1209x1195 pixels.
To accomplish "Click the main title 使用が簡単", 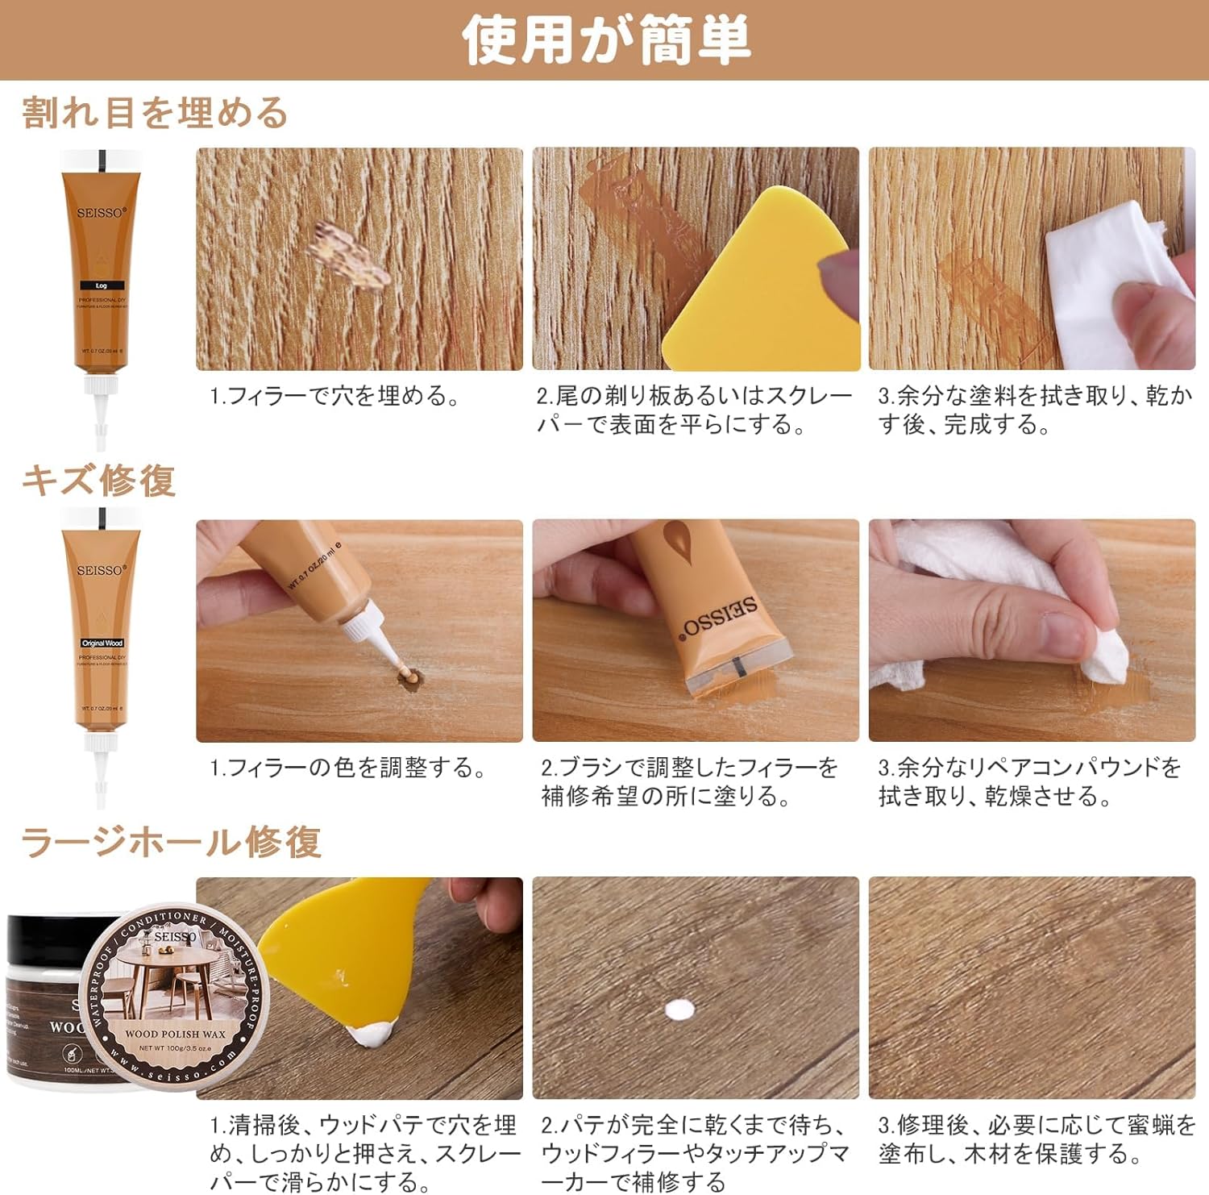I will tap(605, 40).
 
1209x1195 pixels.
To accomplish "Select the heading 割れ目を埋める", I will tap(155, 113).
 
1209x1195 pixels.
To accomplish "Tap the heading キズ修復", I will tap(98, 481).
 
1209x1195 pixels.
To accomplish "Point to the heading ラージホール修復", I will tap(171, 843).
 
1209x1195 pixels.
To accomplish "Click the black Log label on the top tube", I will tap(101, 285).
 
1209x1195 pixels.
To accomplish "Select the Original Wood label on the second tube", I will tap(102, 643).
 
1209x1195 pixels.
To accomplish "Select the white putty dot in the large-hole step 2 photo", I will tap(679, 1010).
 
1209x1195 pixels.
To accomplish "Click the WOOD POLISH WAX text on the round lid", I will tap(175, 1034).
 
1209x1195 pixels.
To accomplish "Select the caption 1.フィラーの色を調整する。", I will tap(348, 768).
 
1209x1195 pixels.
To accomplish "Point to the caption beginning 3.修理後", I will tap(1036, 1139).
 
